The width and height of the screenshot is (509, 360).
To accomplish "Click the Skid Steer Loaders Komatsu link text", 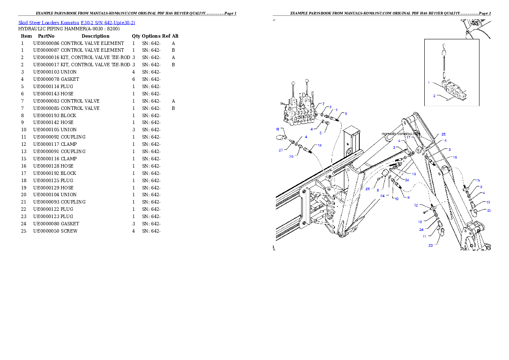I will (77, 23).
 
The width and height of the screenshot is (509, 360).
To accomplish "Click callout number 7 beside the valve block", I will (323, 104).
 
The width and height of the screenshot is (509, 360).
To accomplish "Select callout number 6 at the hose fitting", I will (346, 114).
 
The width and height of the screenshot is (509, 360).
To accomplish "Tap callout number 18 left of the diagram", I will (277, 129).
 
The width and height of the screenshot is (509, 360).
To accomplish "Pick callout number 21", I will (281, 150).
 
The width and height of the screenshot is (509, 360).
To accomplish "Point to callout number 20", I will (291, 156).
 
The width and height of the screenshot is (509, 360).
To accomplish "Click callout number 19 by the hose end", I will (319, 145).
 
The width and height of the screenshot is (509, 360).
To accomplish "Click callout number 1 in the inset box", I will (429, 83).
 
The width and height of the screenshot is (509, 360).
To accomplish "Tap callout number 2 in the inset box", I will (434, 96).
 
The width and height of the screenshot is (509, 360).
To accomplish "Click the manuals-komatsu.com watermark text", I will (400, 134).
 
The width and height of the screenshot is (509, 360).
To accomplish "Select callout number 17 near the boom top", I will (408, 138).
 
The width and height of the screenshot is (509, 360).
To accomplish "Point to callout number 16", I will (455, 157).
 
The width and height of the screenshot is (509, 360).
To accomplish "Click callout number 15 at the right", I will (478, 180).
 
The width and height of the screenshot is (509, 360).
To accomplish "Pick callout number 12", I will (416, 205).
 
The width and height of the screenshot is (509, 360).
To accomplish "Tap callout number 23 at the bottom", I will (430, 245).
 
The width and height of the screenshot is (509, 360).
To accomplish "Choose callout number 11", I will (424, 236).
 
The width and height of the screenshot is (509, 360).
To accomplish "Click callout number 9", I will (408, 198).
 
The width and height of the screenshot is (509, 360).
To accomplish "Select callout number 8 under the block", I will (378, 189).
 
